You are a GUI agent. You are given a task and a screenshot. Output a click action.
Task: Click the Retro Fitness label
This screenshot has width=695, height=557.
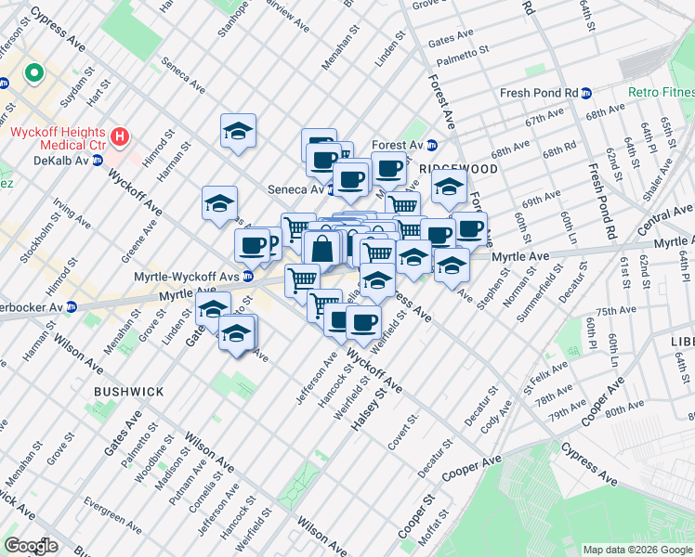662,92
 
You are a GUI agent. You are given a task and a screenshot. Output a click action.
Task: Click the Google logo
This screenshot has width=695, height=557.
31,545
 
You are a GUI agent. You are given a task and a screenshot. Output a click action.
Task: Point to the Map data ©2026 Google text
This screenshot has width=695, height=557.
637,550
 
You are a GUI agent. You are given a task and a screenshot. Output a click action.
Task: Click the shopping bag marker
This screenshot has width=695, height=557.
322,249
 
